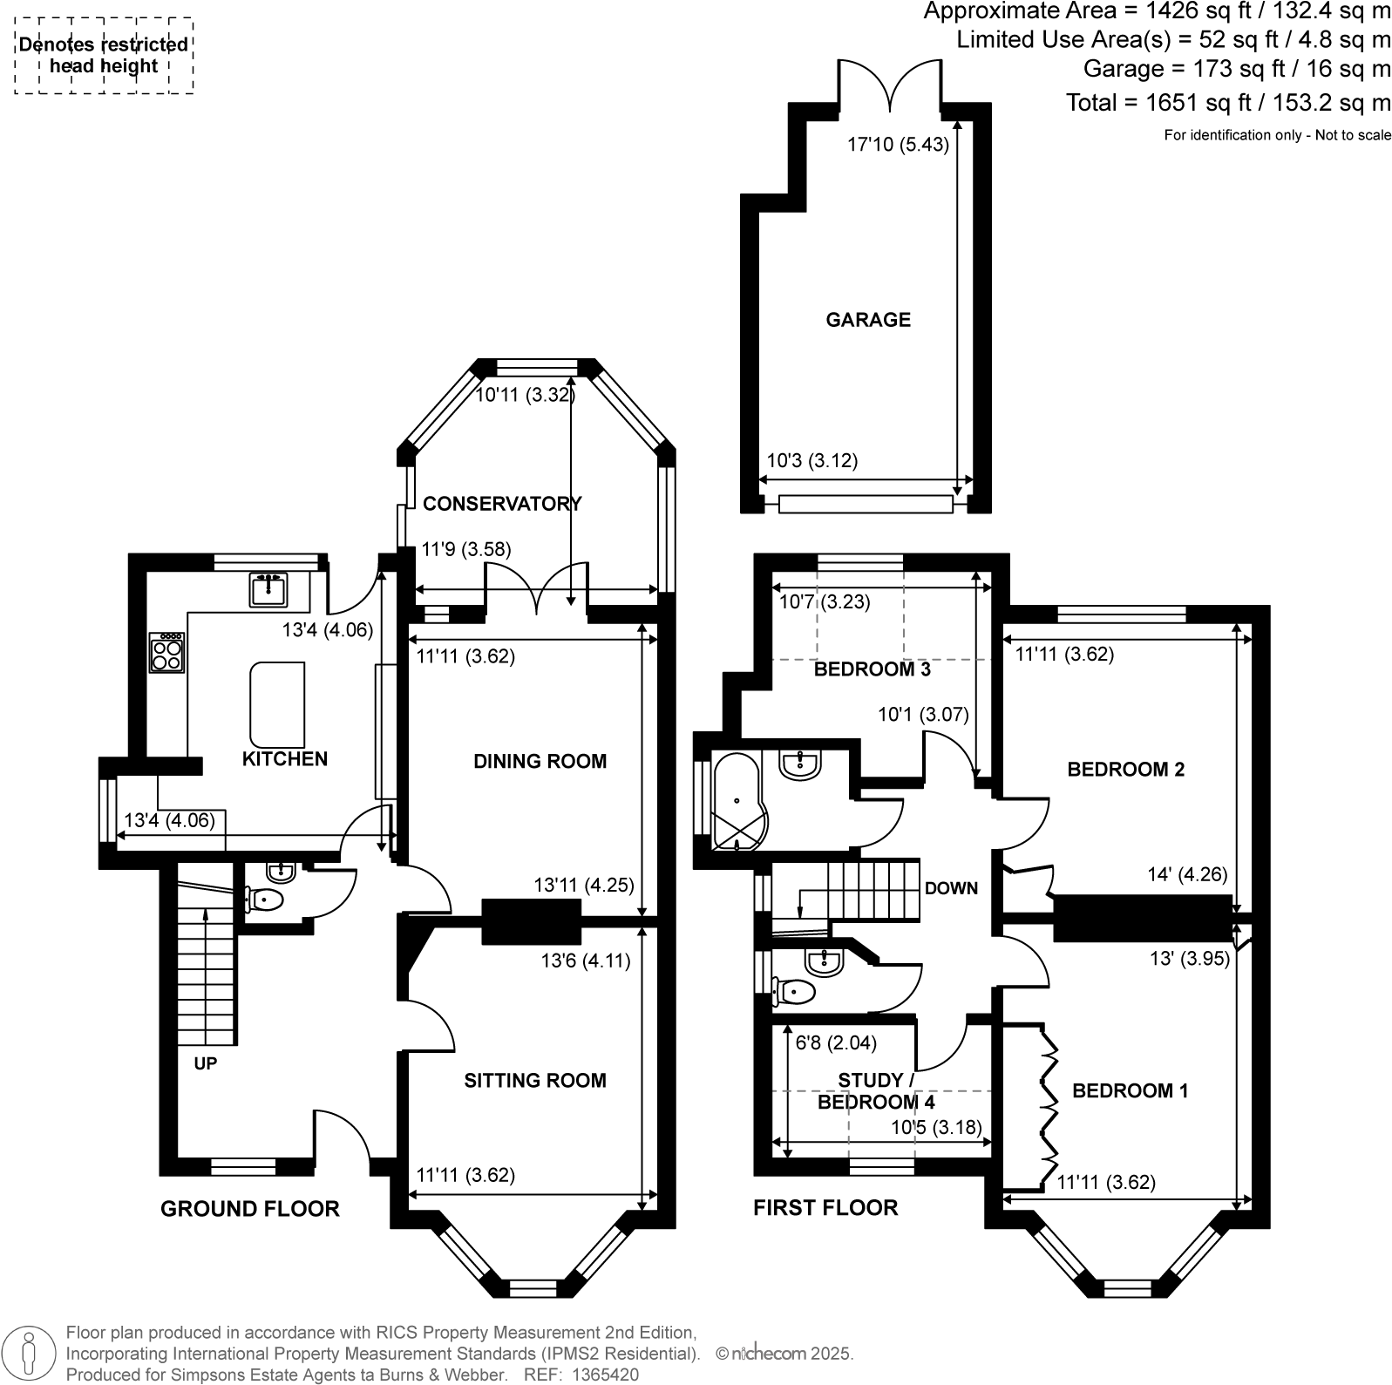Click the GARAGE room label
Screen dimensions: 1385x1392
867,320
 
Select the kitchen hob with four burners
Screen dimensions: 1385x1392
166,653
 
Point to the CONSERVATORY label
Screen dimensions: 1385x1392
502,504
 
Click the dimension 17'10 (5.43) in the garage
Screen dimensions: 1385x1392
898,145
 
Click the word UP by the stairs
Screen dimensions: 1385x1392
206,1063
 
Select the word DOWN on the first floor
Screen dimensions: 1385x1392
951,888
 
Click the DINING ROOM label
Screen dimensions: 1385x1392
540,761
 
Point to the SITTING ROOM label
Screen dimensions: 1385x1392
534,1081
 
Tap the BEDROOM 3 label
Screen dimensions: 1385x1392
872,669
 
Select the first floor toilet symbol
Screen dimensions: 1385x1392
793,992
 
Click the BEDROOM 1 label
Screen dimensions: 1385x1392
1130,1090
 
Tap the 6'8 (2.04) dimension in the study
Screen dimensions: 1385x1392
836,1042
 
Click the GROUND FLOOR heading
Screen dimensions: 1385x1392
249,1208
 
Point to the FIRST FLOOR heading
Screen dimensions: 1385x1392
825,1207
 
